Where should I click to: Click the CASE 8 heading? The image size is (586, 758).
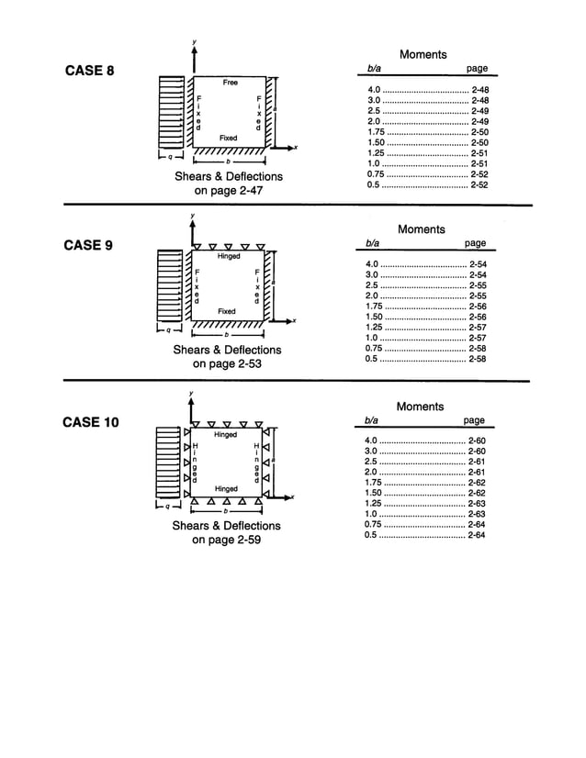(x=88, y=72)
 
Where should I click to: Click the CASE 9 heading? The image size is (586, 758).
(x=88, y=245)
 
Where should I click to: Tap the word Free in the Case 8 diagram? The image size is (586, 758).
(x=230, y=83)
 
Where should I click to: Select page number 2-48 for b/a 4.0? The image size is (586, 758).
(x=479, y=89)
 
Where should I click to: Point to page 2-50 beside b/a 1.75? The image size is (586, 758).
(x=479, y=131)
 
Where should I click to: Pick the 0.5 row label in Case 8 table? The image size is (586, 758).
(x=372, y=184)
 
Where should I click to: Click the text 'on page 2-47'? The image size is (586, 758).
(x=229, y=191)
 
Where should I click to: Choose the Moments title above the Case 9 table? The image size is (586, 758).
(x=421, y=229)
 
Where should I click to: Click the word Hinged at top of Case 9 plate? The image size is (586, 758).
(x=229, y=257)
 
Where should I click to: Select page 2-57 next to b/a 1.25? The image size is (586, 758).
(x=477, y=327)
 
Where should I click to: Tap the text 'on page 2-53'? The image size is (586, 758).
(x=228, y=364)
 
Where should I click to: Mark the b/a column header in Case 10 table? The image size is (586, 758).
(x=372, y=420)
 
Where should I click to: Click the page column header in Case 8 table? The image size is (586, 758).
(x=477, y=69)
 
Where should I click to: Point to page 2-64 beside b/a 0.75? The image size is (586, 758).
(x=477, y=524)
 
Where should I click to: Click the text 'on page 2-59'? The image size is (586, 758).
(x=227, y=541)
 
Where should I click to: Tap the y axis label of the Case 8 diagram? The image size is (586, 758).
(x=194, y=42)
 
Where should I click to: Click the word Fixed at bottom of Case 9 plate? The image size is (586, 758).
(x=227, y=311)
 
